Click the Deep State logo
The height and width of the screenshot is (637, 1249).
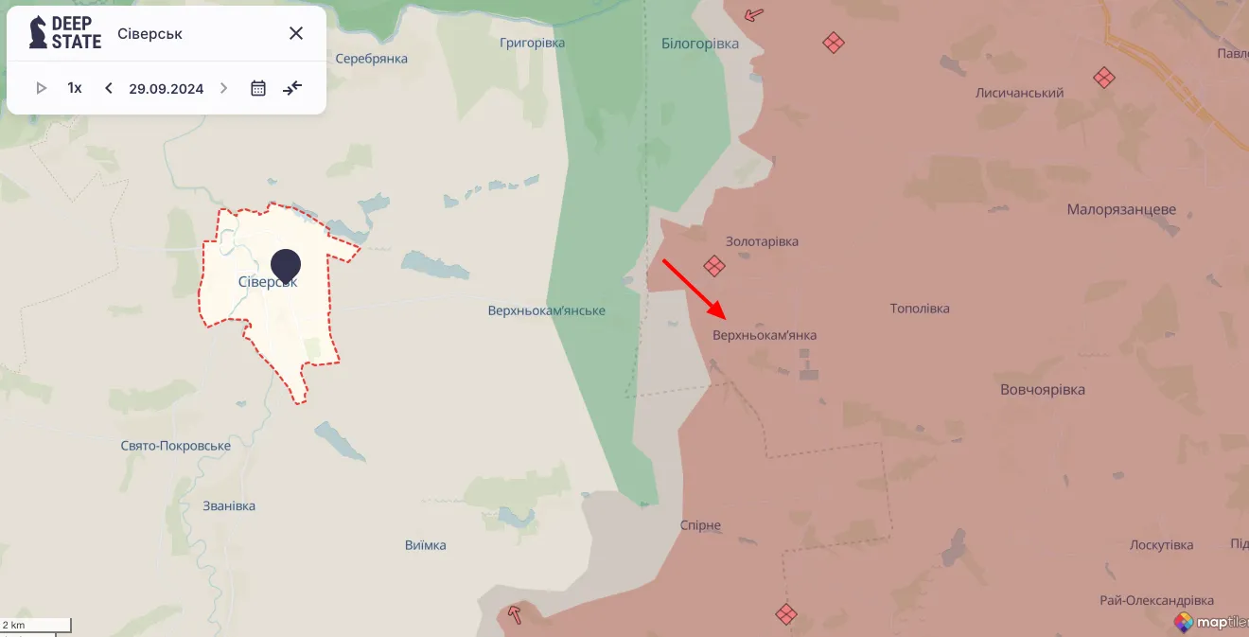click(x=64, y=32)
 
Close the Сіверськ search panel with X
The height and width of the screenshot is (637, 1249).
click(x=296, y=33)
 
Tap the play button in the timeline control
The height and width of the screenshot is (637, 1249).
click(x=42, y=88)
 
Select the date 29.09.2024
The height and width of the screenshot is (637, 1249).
click(x=167, y=89)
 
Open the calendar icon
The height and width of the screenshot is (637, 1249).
click(x=258, y=88)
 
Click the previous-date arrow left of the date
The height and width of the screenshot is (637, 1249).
click(x=109, y=88)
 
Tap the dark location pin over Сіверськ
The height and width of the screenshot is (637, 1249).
click(x=285, y=265)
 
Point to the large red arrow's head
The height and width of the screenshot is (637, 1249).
click(x=721, y=315)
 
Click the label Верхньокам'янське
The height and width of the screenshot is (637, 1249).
click(x=547, y=310)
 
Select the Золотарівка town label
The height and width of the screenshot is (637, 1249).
click(x=762, y=241)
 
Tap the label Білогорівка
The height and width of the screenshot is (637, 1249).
click(x=700, y=44)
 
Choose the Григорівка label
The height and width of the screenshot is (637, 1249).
click(x=532, y=43)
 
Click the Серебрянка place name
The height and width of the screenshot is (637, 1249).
click(x=371, y=59)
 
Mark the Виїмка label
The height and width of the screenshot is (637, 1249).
click(x=425, y=545)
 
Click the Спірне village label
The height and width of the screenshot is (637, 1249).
click(x=700, y=525)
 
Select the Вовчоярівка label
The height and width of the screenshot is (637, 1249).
click(x=1043, y=389)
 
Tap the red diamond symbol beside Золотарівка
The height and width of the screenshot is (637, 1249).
click(x=714, y=266)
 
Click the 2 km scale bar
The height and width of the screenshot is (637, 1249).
click(x=36, y=625)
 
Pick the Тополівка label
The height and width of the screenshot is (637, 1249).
click(x=920, y=309)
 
